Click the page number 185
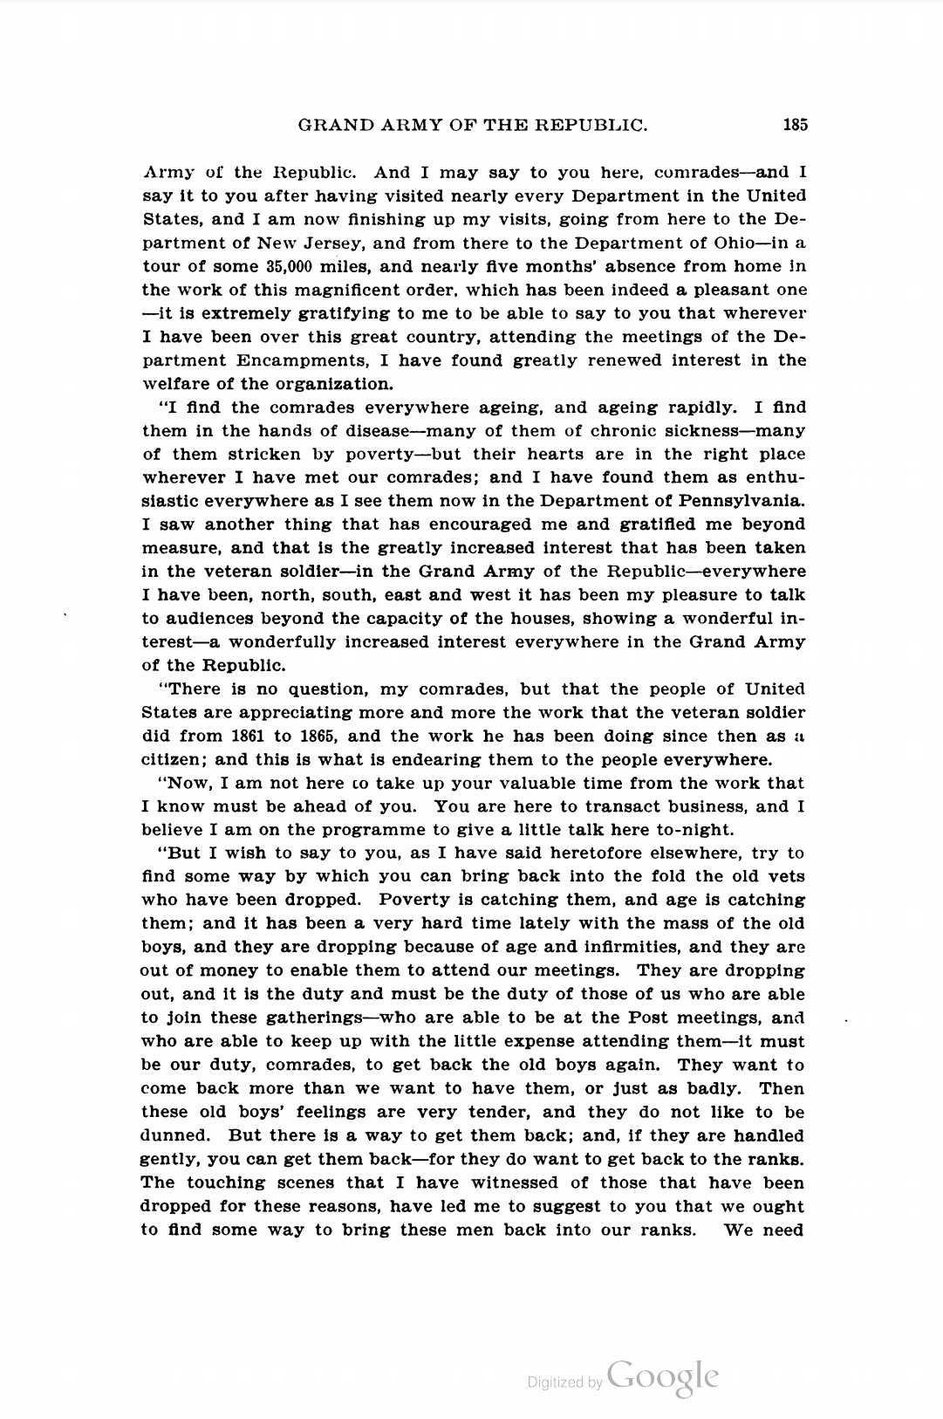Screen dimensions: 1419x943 pos(795,125)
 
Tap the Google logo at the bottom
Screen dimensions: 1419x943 pos(663,1376)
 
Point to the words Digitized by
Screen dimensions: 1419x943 pos(564,1381)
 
